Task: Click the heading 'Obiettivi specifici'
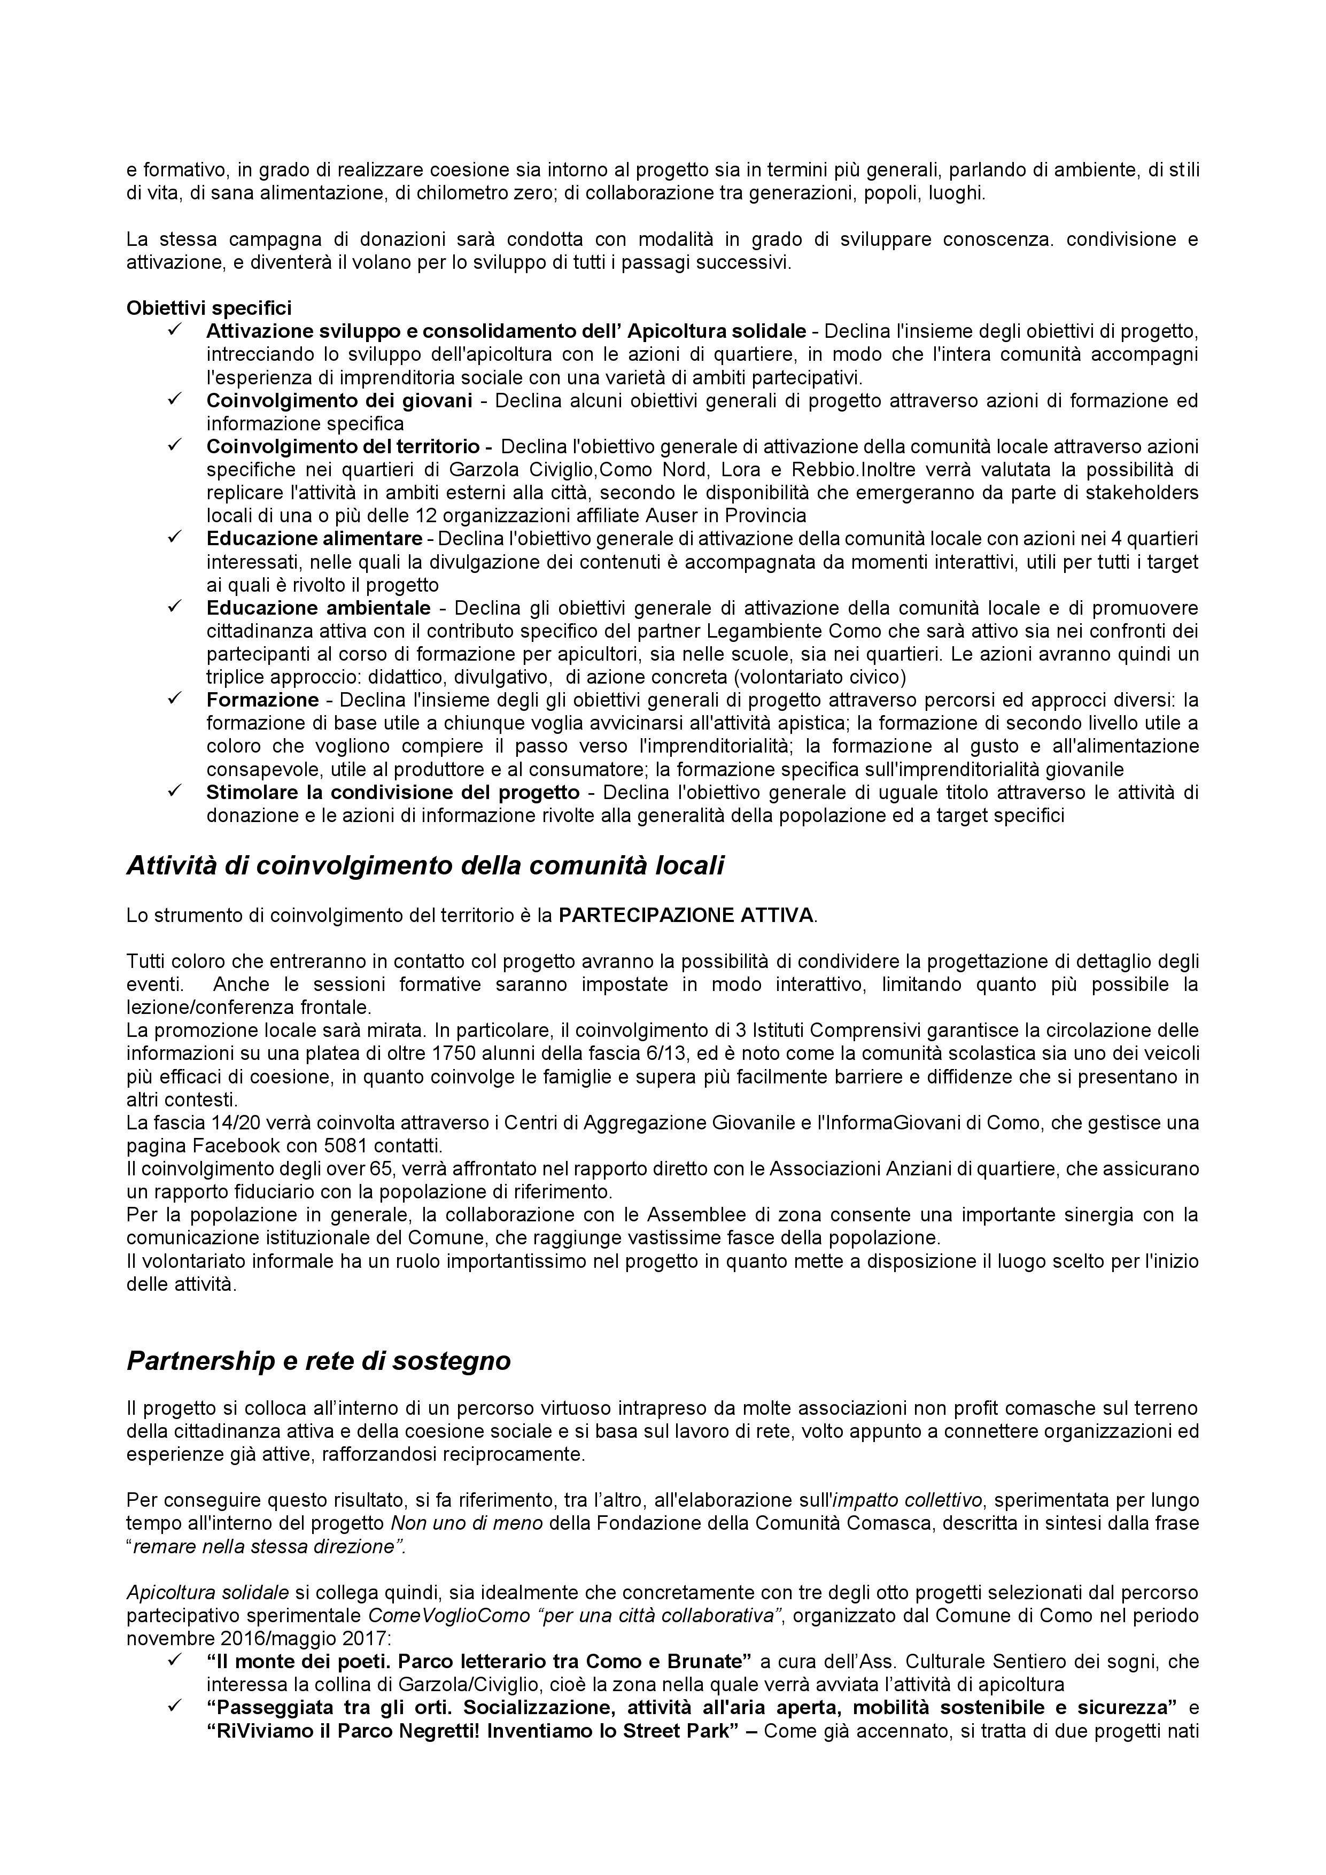[208, 308]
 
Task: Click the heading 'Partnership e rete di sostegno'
[319, 1360]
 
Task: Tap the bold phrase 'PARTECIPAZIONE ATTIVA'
[686, 916]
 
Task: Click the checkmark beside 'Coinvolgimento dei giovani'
[174, 399]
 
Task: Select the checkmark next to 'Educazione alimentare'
[174, 537]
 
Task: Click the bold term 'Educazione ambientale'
[319, 608]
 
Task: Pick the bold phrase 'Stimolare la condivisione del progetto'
[393, 792]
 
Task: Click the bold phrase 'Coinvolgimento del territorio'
[343, 447]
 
